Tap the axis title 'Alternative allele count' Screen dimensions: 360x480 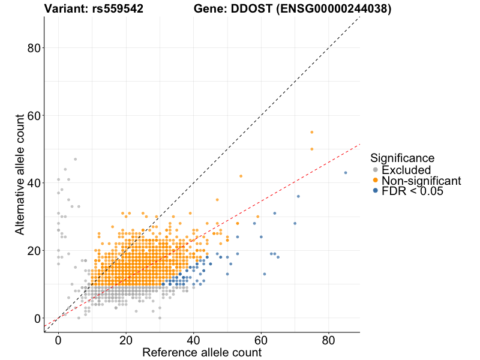tap(20, 174)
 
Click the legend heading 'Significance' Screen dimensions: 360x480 tap(402, 158)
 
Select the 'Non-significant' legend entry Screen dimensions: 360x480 tap(421, 181)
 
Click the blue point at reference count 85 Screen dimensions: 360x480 tap(346, 173)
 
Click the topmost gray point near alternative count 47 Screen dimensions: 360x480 tap(75, 159)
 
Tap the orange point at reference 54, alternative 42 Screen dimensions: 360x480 tap(241, 176)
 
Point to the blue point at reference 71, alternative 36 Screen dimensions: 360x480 tap(298, 196)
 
